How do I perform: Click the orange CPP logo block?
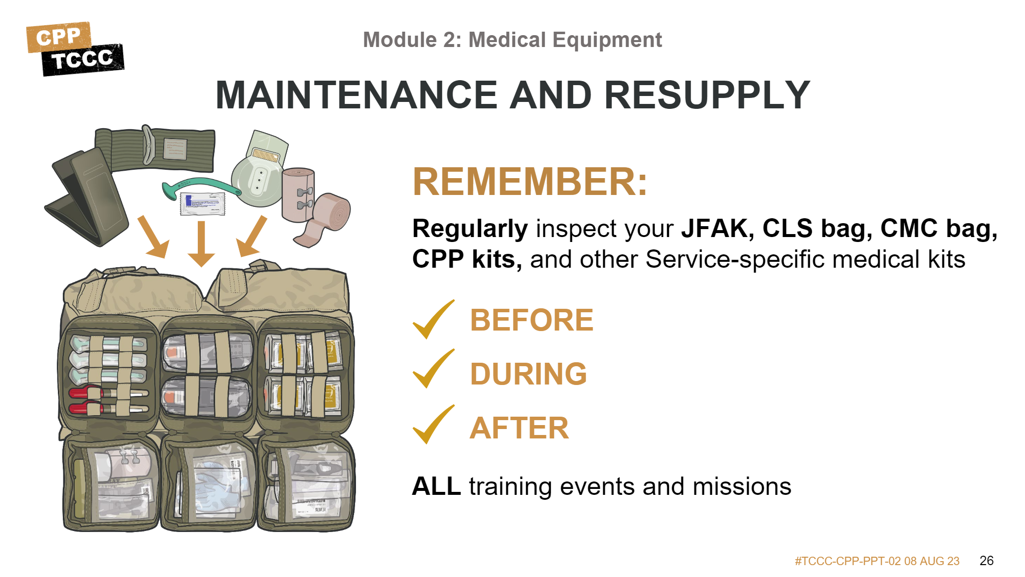coord(58,37)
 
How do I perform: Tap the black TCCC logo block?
coord(83,60)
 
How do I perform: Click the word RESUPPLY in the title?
coord(707,95)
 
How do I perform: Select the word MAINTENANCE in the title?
coord(357,95)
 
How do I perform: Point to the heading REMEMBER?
coord(530,182)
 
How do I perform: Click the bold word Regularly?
coord(470,229)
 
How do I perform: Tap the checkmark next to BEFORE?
coord(434,319)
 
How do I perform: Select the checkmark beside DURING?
coord(434,369)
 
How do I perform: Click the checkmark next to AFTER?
coord(434,425)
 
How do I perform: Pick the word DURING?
coord(528,374)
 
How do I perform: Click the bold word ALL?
coord(436,486)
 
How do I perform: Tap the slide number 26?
coord(986,561)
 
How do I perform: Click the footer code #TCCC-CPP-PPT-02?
coord(847,561)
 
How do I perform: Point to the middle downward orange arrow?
coord(201,244)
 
